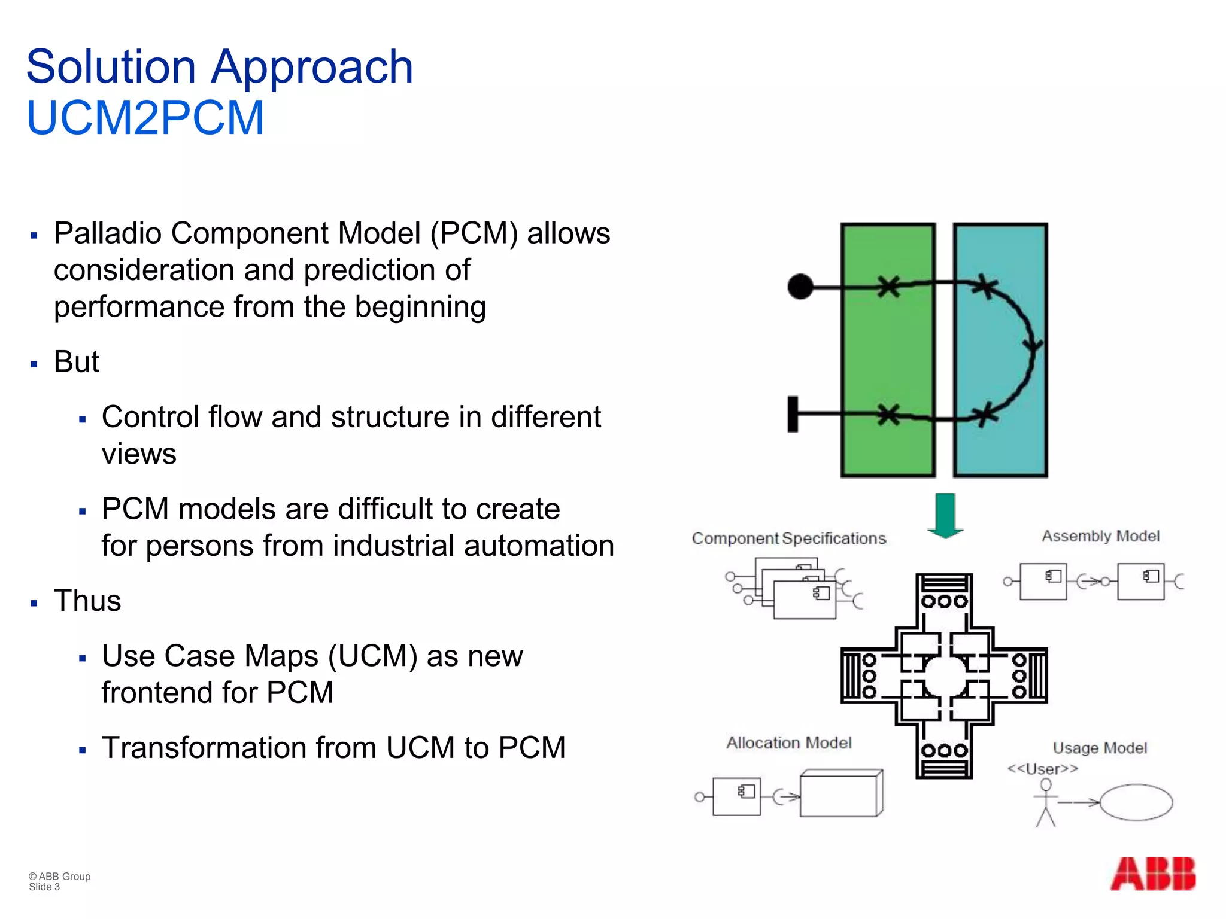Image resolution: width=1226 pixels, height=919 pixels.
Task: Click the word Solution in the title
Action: (111, 67)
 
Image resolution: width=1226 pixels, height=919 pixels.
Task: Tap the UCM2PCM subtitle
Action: (145, 118)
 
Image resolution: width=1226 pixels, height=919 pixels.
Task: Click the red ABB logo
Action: (1153, 874)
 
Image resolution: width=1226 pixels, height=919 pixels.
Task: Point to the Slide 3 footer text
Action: (44, 887)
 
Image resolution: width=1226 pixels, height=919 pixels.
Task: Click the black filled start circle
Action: (800, 287)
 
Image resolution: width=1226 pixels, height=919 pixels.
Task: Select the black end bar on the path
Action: (793, 414)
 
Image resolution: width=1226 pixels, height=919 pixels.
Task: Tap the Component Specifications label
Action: (788, 538)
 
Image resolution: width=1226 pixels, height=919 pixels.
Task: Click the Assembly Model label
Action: (1100, 536)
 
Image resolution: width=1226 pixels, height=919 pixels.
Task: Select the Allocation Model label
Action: (788, 742)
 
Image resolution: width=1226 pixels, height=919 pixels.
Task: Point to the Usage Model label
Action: (1100, 748)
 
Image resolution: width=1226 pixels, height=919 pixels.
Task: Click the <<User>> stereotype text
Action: (1042, 769)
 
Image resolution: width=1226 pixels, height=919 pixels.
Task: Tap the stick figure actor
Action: (1045, 803)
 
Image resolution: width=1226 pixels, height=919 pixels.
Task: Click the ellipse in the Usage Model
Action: (1136, 802)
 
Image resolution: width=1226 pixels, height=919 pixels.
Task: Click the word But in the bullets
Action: (76, 362)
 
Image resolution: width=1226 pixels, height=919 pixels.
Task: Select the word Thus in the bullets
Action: (87, 601)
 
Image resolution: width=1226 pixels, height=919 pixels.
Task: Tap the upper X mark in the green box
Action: (889, 286)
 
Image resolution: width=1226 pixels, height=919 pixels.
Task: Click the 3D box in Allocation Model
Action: (840, 793)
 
